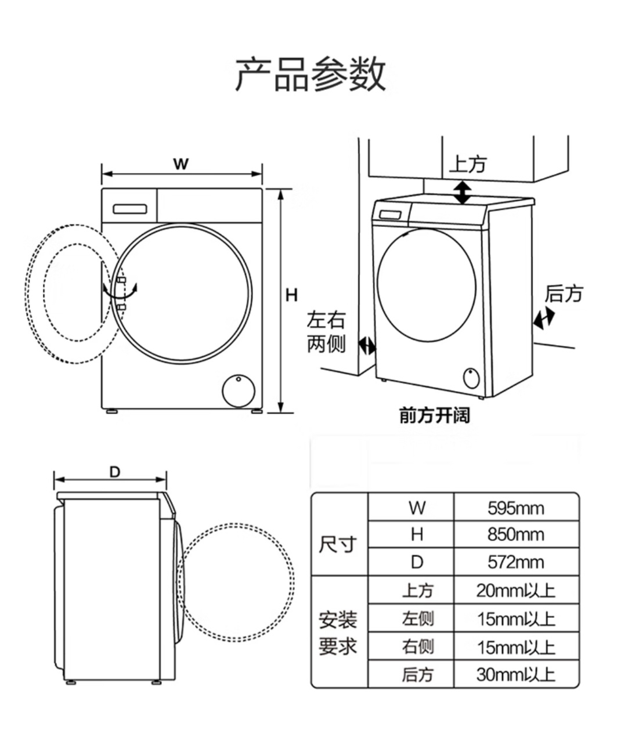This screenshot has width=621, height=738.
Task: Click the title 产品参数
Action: click(x=310, y=74)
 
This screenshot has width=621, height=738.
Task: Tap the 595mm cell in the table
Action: click(x=515, y=508)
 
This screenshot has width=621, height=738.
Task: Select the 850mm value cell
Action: click(x=515, y=534)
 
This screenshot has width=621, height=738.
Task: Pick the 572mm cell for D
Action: click(x=515, y=562)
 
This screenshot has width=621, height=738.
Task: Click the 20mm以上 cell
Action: click(x=515, y=591)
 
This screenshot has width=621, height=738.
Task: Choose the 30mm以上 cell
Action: click(x=515, y=674)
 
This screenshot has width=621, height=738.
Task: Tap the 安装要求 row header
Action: click(x=338, y=633)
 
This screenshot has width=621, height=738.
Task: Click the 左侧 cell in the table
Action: click(x=418, y=618)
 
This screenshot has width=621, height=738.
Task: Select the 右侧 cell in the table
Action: click(x=418, y=646)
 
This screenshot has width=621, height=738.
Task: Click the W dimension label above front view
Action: click(x=181, y=164)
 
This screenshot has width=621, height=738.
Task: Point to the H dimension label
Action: click(x=291, y=295)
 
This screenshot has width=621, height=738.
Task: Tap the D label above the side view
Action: click(x=115, y=472)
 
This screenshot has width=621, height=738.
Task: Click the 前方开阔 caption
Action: click(x=434, y=415)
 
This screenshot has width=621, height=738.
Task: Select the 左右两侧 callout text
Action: click(x=326, y=332)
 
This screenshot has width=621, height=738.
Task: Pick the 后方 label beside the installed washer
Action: click(x=564, y=294)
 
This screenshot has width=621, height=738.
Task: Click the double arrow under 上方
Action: click(x=463, y=192)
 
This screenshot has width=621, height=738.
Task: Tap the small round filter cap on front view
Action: click(x=239, y=392)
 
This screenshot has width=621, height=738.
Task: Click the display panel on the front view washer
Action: click(x=129, y=209)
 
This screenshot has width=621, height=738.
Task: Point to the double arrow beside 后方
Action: click(x=544, y=318)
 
